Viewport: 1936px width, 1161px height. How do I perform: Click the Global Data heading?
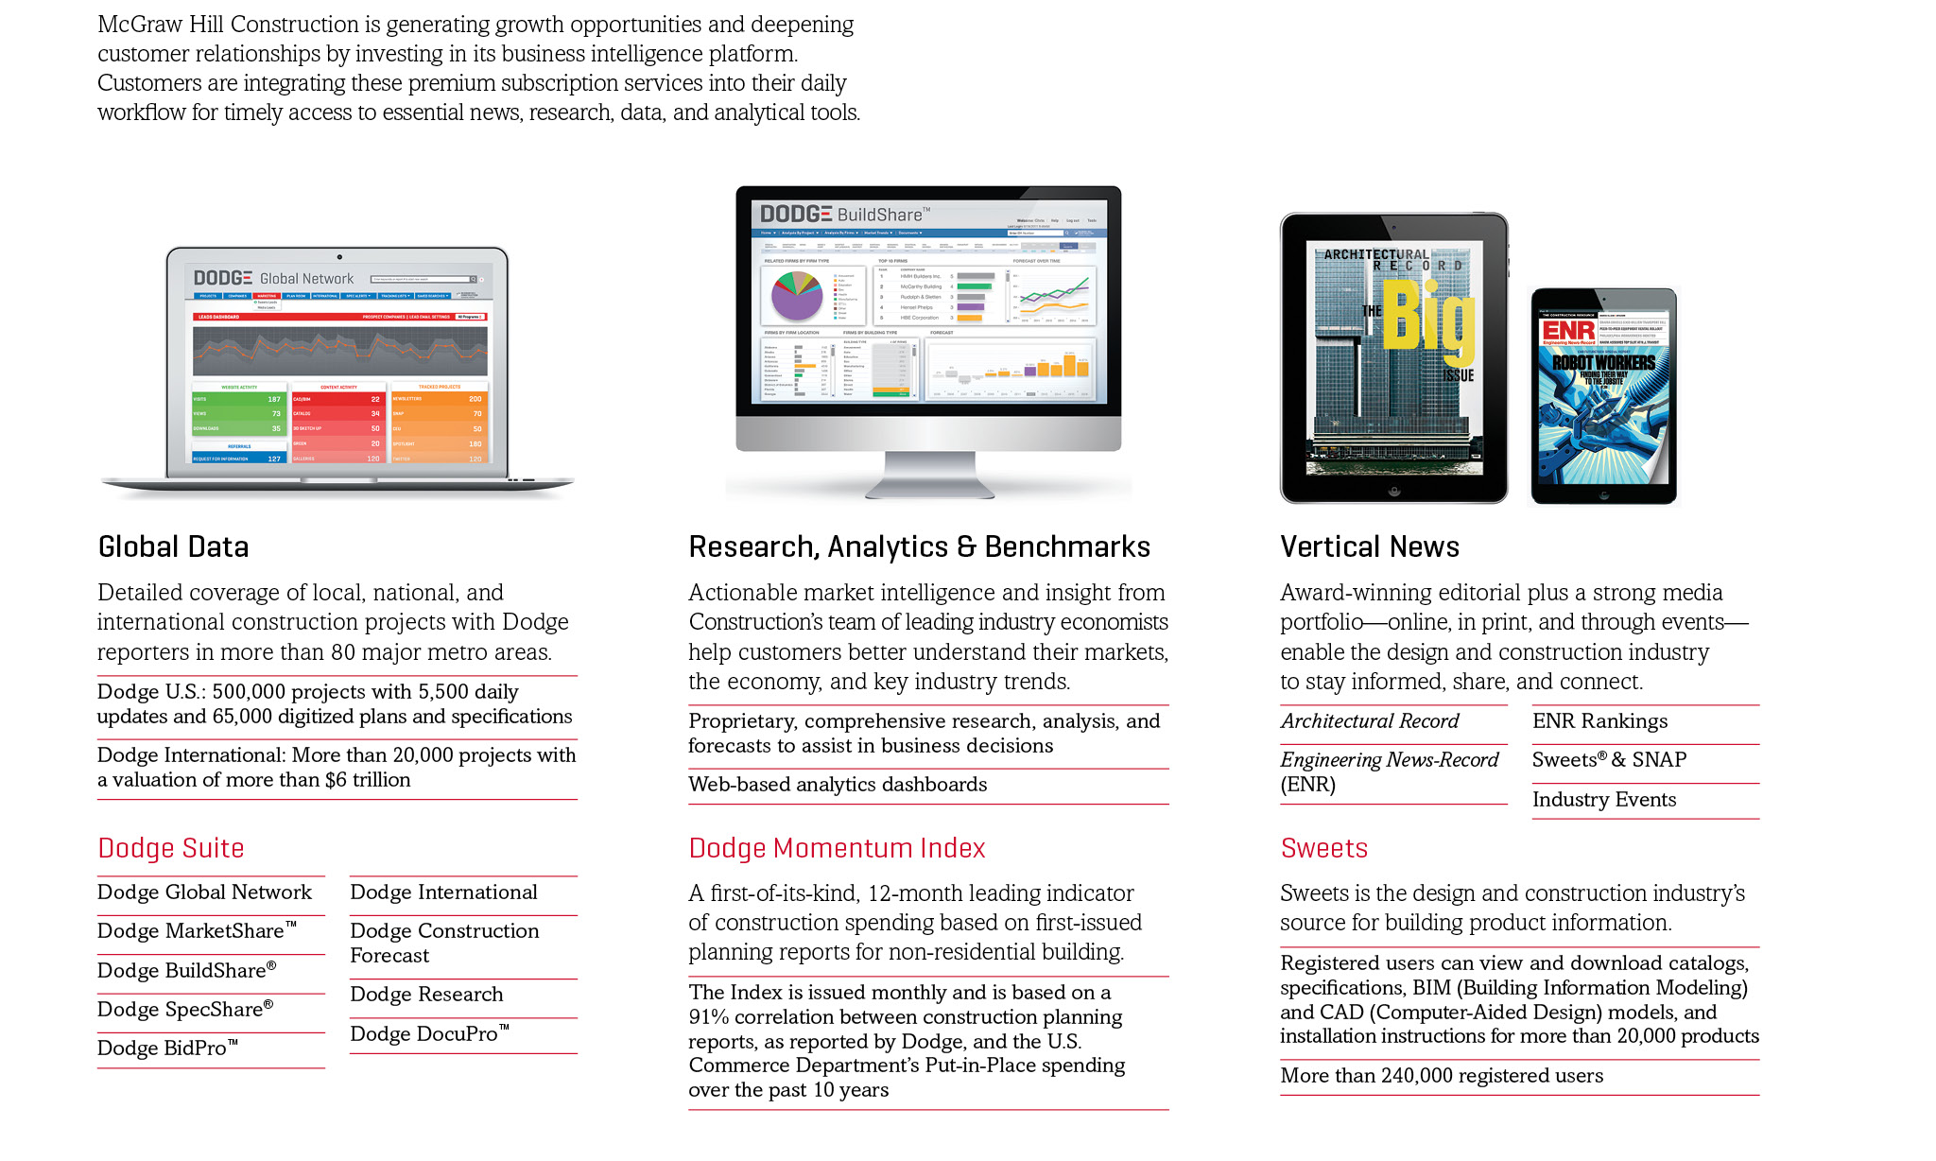[x=173, y=547]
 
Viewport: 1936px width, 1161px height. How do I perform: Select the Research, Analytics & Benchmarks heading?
[x=919, y=547]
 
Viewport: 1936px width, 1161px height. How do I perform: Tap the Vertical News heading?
[x=1369, y=547]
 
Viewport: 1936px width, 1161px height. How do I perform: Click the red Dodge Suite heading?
[x=171, y=848]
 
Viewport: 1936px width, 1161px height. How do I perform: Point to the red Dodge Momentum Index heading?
[x=837, y=848]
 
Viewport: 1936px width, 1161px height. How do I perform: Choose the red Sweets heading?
[x=1323, y=848]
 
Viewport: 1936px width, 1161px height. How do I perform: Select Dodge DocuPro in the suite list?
[x=429, y=1034]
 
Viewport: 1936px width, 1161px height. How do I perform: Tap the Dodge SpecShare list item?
[x=185, y=1010]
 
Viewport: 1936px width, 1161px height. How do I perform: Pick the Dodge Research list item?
[x=426, y=995]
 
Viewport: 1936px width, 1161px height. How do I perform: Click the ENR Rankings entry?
[x=1599, y=721]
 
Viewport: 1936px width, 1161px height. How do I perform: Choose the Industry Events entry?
[x=1604, y=800]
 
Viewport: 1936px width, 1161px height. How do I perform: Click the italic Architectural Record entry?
[x=1370, y=721]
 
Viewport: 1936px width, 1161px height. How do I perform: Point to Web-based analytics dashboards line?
[x=838, y=785]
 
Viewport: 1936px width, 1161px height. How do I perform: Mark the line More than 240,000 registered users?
[x=1442, y=1076]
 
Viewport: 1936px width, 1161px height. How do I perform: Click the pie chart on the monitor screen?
[x=797, y=295]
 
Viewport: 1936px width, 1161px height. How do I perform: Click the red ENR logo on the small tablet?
[x=1568, y=331]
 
